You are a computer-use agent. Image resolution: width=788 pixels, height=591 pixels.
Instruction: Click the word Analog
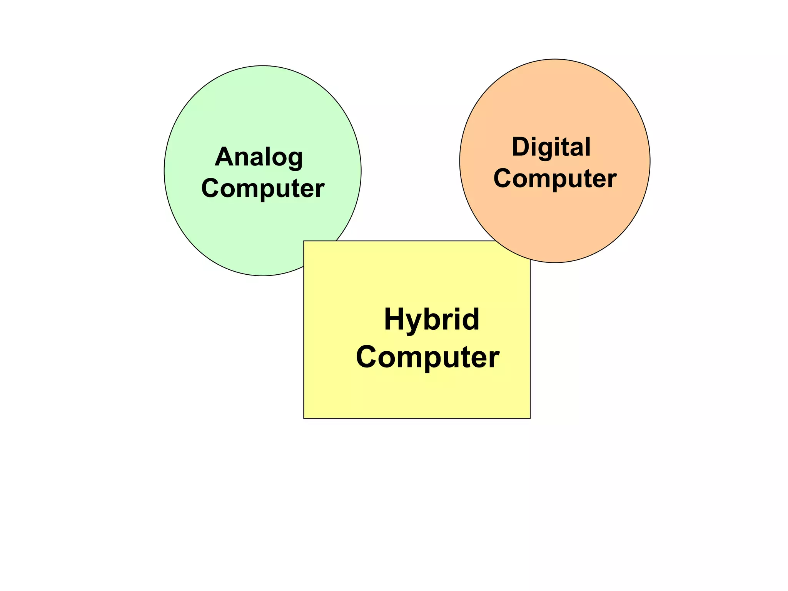[259, 157]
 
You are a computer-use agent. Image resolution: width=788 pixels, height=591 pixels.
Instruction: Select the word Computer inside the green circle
[263, 188]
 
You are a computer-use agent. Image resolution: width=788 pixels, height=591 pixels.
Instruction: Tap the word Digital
[551, 147]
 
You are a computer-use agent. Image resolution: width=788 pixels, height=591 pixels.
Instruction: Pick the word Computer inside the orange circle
[555, 178]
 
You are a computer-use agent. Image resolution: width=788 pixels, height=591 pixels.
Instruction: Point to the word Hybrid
[431, 319]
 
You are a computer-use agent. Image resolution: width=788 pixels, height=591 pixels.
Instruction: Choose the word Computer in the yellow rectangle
[427, 357]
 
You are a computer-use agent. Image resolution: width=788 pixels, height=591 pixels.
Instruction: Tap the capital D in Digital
[521, 147]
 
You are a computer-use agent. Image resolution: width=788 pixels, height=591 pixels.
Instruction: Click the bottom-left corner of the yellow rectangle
[304, 418]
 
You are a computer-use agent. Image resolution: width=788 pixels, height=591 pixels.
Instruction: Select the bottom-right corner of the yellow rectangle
[530, 418]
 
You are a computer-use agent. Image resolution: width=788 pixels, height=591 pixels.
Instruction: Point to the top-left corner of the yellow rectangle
[304, 241]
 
